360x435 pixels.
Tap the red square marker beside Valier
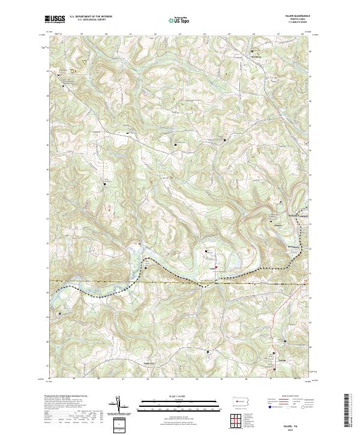217,267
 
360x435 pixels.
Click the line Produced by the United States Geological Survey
67,397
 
